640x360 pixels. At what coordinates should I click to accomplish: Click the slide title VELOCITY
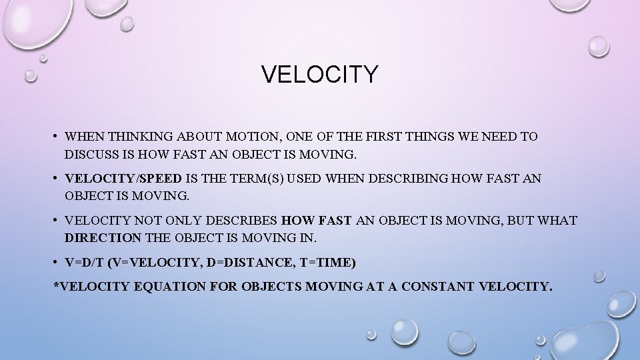click(319, 75)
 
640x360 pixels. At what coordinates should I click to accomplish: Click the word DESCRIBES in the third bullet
click(243, 221)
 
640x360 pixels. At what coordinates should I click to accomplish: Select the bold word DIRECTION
click(103, 238)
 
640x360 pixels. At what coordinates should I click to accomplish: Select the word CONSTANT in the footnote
click(438, 287)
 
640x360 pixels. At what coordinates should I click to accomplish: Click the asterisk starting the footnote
click(56, 287)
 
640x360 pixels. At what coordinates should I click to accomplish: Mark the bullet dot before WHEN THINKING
click(55, 137)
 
